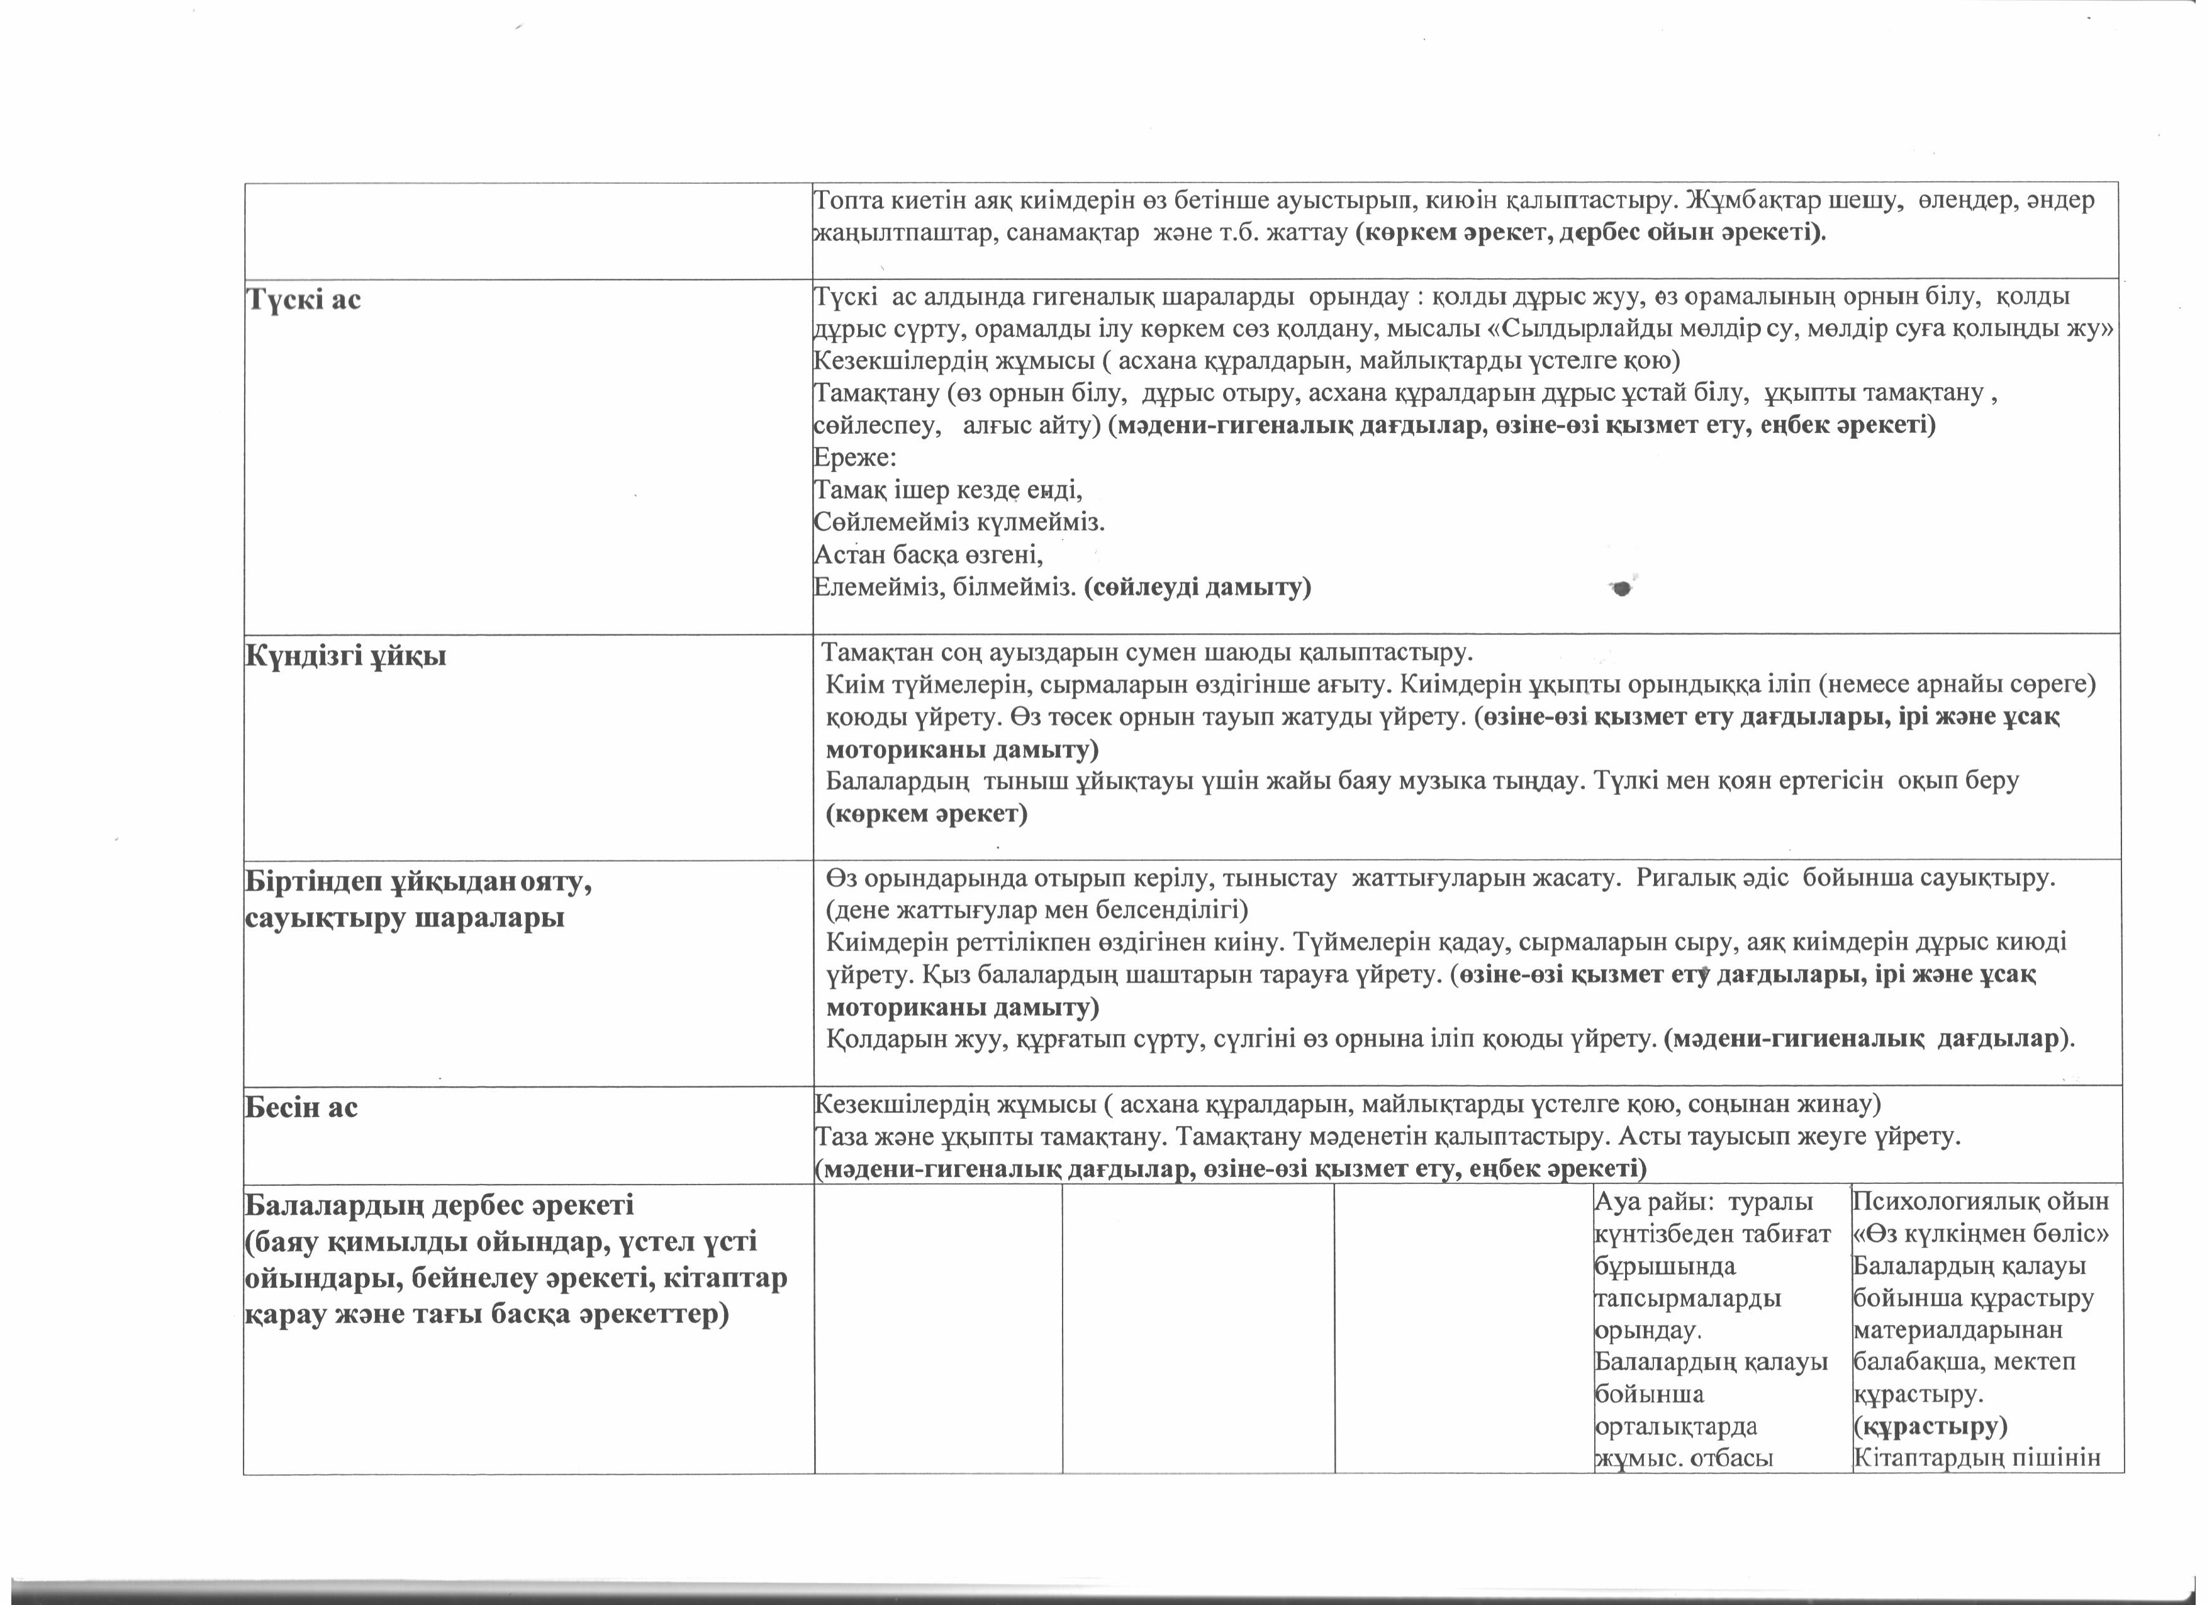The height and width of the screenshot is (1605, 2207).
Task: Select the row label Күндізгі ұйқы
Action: tap(345, 656)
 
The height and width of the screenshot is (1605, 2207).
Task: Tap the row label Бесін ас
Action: tap(301, 1108)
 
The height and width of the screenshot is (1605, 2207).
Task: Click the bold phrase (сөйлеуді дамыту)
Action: tap(1197, 587)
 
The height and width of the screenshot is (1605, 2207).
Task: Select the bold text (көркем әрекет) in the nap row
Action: tap(926, 814)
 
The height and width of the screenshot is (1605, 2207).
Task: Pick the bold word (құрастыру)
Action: tap(1930, 1426)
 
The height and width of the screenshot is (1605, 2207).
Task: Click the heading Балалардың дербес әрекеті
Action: tap(439, 1205)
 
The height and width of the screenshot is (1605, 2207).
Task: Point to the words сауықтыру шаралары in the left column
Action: tap(404, 918)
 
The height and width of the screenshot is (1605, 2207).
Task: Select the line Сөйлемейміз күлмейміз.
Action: tap(959, 522)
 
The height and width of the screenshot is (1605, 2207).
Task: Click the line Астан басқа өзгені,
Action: tap(927, 555)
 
